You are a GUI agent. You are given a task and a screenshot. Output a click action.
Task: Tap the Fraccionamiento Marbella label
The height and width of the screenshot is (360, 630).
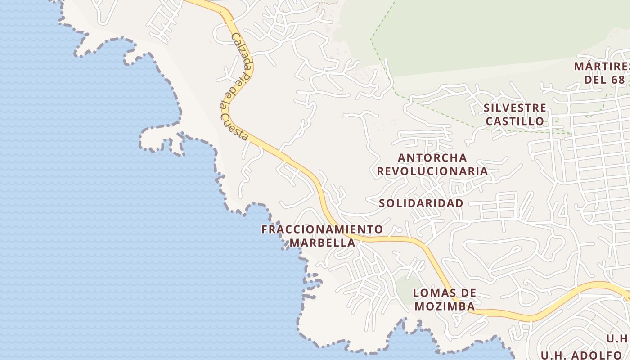(322, 236)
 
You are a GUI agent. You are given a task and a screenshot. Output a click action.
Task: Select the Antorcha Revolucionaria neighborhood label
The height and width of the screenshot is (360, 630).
(432, 164)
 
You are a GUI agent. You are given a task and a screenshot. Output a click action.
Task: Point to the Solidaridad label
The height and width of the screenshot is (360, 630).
(421, 203)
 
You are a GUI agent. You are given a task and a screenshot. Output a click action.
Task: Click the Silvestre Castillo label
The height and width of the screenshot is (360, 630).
(515, 114)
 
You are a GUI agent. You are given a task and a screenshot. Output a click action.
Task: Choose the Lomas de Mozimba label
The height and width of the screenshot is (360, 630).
(444, 300)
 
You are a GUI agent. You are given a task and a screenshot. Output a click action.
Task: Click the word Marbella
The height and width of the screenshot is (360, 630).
(322, 243)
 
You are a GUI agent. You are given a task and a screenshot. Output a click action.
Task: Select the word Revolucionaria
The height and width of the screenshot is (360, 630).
(432, 171)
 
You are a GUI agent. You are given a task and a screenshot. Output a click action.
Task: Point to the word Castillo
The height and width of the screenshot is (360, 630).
(515, 121)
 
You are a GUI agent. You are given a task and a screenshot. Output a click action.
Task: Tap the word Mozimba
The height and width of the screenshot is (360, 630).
(444, 306)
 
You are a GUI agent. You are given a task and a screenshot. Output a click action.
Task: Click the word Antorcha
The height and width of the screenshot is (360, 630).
(432, 158)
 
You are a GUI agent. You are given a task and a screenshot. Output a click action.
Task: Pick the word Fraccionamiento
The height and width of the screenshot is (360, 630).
(322, 229)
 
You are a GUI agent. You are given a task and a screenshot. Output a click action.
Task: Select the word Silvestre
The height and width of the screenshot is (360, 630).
(515, 108)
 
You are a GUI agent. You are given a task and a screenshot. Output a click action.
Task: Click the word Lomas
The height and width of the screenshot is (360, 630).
(444, 293)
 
